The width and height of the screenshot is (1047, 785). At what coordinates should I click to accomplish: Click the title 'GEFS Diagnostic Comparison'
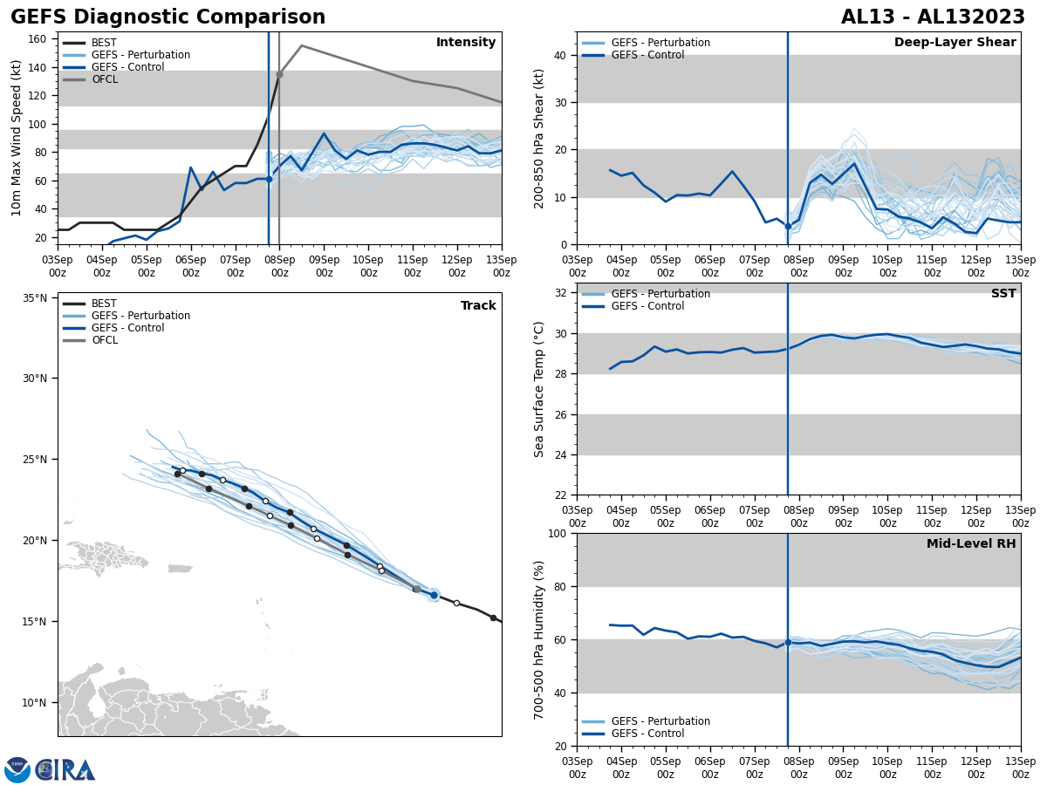coord(168,17)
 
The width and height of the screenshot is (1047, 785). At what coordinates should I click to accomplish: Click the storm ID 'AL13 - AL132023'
coord(933,17)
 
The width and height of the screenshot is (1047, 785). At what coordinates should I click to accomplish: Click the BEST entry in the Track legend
coord(104,304)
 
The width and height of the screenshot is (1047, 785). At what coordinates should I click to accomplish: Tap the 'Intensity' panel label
coord(466,43)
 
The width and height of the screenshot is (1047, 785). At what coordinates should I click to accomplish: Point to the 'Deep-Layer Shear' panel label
coord(955,43)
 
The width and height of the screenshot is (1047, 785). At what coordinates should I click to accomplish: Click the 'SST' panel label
coord(1003,294)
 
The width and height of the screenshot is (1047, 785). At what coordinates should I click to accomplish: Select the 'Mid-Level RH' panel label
coord(971,544)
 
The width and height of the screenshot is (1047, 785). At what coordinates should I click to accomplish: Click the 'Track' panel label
coord(478,306)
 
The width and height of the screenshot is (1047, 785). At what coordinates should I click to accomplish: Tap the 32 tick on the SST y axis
coord(559,293)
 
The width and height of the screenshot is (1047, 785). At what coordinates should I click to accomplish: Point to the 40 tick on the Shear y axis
coord(559,55)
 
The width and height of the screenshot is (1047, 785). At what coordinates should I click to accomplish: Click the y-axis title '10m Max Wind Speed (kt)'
coord(17,138)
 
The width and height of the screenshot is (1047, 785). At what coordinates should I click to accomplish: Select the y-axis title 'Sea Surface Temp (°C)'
coord(539,389)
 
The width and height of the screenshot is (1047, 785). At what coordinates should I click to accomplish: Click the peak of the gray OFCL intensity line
coord(301,45)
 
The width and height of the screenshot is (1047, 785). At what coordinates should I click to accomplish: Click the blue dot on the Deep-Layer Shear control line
coord(788,226)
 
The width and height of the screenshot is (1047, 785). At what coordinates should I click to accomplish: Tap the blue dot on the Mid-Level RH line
coord(788,642)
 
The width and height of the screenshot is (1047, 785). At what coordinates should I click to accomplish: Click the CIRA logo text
coord(65,769)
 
